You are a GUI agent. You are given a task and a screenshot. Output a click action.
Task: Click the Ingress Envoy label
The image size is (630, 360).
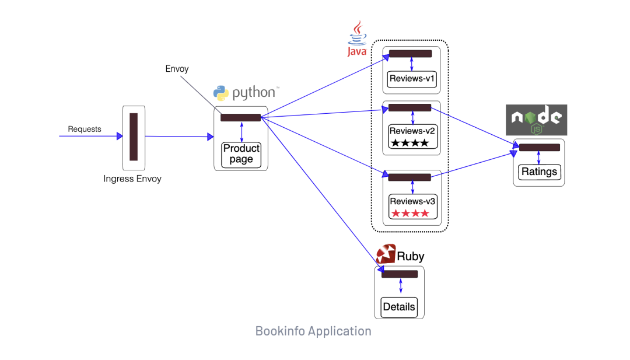(132, 179)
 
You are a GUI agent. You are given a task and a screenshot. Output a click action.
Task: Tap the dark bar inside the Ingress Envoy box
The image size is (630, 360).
(134, 137)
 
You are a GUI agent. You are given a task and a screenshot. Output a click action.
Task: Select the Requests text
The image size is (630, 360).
(85, 129)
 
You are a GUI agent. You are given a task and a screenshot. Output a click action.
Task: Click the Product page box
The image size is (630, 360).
(241, 154)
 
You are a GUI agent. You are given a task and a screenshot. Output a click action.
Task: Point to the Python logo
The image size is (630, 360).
(220, 93)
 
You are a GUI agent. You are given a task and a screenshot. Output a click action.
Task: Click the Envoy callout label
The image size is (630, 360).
(177, 69)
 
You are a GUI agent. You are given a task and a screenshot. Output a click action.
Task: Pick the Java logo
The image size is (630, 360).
(357, 39)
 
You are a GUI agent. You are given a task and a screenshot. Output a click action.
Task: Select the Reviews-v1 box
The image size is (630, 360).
(412, 79)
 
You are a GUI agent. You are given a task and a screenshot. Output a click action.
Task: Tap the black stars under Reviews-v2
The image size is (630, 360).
(409, 143)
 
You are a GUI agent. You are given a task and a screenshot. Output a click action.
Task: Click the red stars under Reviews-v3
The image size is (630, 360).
(409, 214)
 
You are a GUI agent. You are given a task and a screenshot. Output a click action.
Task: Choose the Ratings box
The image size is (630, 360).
(539, 172)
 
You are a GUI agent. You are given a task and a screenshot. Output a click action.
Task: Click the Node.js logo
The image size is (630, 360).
(536, 120)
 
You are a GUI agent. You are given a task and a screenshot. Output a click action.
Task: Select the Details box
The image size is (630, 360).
(400, 307)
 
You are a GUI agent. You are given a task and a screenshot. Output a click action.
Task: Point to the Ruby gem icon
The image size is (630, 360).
(386, 254)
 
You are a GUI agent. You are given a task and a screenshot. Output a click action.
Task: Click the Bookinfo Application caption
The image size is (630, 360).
(313, 331)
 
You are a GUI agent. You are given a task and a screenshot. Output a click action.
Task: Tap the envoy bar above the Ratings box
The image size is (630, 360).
(540, 148)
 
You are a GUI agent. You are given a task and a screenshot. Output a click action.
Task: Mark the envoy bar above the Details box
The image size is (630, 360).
(400, 274)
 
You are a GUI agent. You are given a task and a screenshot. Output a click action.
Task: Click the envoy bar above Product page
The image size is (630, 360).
(240, 118)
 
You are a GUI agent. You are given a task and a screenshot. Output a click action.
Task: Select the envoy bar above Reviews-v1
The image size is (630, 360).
(410, 54)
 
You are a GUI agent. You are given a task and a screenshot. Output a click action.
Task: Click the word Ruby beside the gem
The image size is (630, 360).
(411, 256)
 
